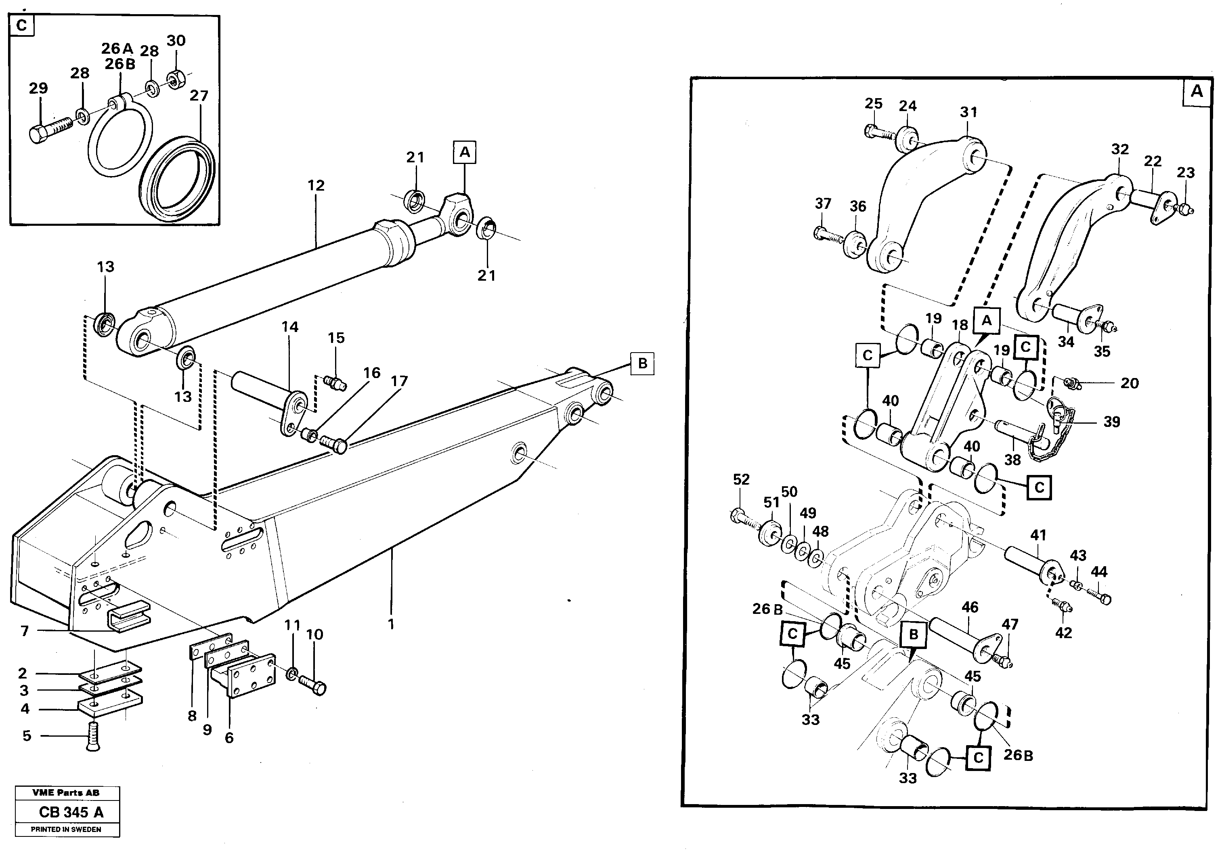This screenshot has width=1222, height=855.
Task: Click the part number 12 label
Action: point(316,185)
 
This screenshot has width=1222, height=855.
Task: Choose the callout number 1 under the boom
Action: point(391,624)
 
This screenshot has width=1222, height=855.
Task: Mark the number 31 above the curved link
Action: point(968,112)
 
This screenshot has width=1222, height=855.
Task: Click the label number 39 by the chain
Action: point(1111,422)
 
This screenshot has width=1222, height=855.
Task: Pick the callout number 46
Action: point(970,607)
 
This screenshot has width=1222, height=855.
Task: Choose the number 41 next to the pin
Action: point(1038,535)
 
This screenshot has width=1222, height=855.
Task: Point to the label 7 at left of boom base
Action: point(25,631)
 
